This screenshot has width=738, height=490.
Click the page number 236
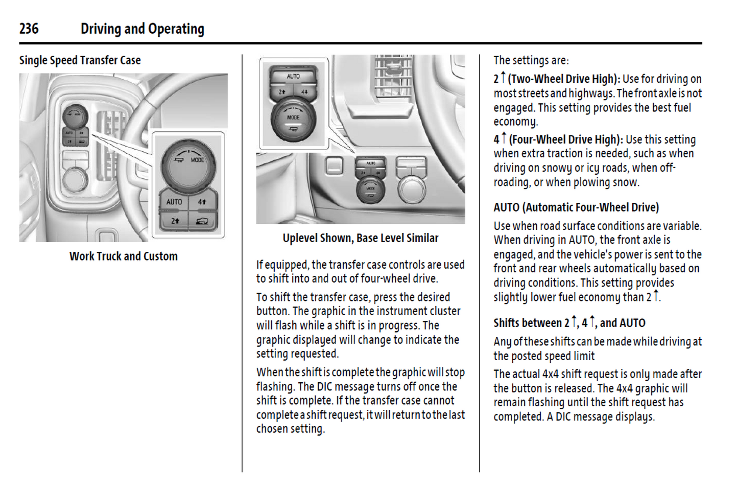pyautogui.click(x=29, y=29)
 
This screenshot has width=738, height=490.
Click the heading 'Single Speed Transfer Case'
pyautogui.click(x=80, y=60)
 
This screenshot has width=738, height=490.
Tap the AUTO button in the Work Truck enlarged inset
pyautogui.click(x=174, y=202)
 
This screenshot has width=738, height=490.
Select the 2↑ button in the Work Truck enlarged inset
pyautogui.click(x=175, y=221)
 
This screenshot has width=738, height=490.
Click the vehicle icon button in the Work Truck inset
pyautogui.click(x=203, y=221)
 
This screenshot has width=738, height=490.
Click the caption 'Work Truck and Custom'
pyautogui.click(x=124, y=256)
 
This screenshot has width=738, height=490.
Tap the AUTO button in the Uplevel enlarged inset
pyautogui.click(x=293, y=76)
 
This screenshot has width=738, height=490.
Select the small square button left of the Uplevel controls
pyautogui.click(x=334, y=165)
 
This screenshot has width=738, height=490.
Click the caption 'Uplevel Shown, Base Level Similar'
pyautogui.click(x=361, y=238)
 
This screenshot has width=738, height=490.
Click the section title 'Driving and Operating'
pyautogui.click(x=142, y=29)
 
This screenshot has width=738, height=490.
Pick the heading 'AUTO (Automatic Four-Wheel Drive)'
pyautogui.click(x=576, y=207)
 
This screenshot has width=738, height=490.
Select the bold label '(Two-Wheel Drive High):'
pyautogui.click(x=564, y=79)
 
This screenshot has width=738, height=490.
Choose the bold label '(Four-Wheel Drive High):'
pyautogui.click(x=565, y=139)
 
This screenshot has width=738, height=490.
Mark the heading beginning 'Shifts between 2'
pyautogui.click(x=569, y=323)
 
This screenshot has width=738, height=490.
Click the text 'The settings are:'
pyautogui.click(x=531, y=60)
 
